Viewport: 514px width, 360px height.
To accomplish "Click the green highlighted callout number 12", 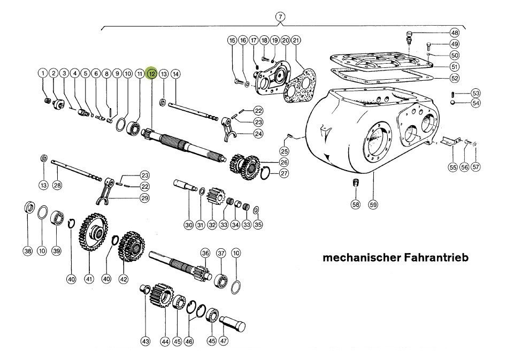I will (152, 73).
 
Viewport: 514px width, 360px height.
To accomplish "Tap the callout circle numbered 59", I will (373, 204).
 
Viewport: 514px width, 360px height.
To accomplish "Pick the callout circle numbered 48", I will (454, 32).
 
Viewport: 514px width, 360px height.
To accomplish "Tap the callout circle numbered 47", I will (224, 340).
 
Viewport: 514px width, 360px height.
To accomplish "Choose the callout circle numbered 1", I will (42, 73).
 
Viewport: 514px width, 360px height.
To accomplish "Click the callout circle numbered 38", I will (28, 251).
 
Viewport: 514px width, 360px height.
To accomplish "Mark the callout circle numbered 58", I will (356, 204).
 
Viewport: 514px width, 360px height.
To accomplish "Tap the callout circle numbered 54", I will (475, 103).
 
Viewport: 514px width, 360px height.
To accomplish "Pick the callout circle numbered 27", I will (284, 173).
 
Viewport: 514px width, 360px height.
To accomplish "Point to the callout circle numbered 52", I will (454, 78).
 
